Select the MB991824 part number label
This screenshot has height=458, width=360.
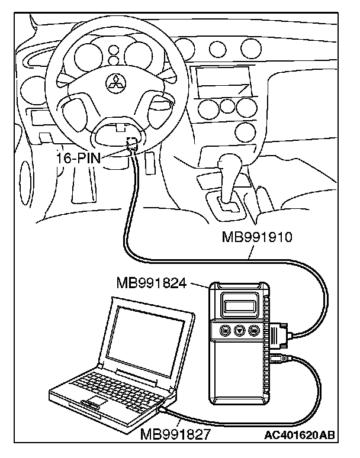152,282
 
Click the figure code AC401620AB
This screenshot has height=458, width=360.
300,436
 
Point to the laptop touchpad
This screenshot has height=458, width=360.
94,404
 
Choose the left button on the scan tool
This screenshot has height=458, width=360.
224,331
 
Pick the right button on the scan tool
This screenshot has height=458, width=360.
254,331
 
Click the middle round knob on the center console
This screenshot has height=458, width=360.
227,107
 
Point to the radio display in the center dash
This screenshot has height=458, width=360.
218,80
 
